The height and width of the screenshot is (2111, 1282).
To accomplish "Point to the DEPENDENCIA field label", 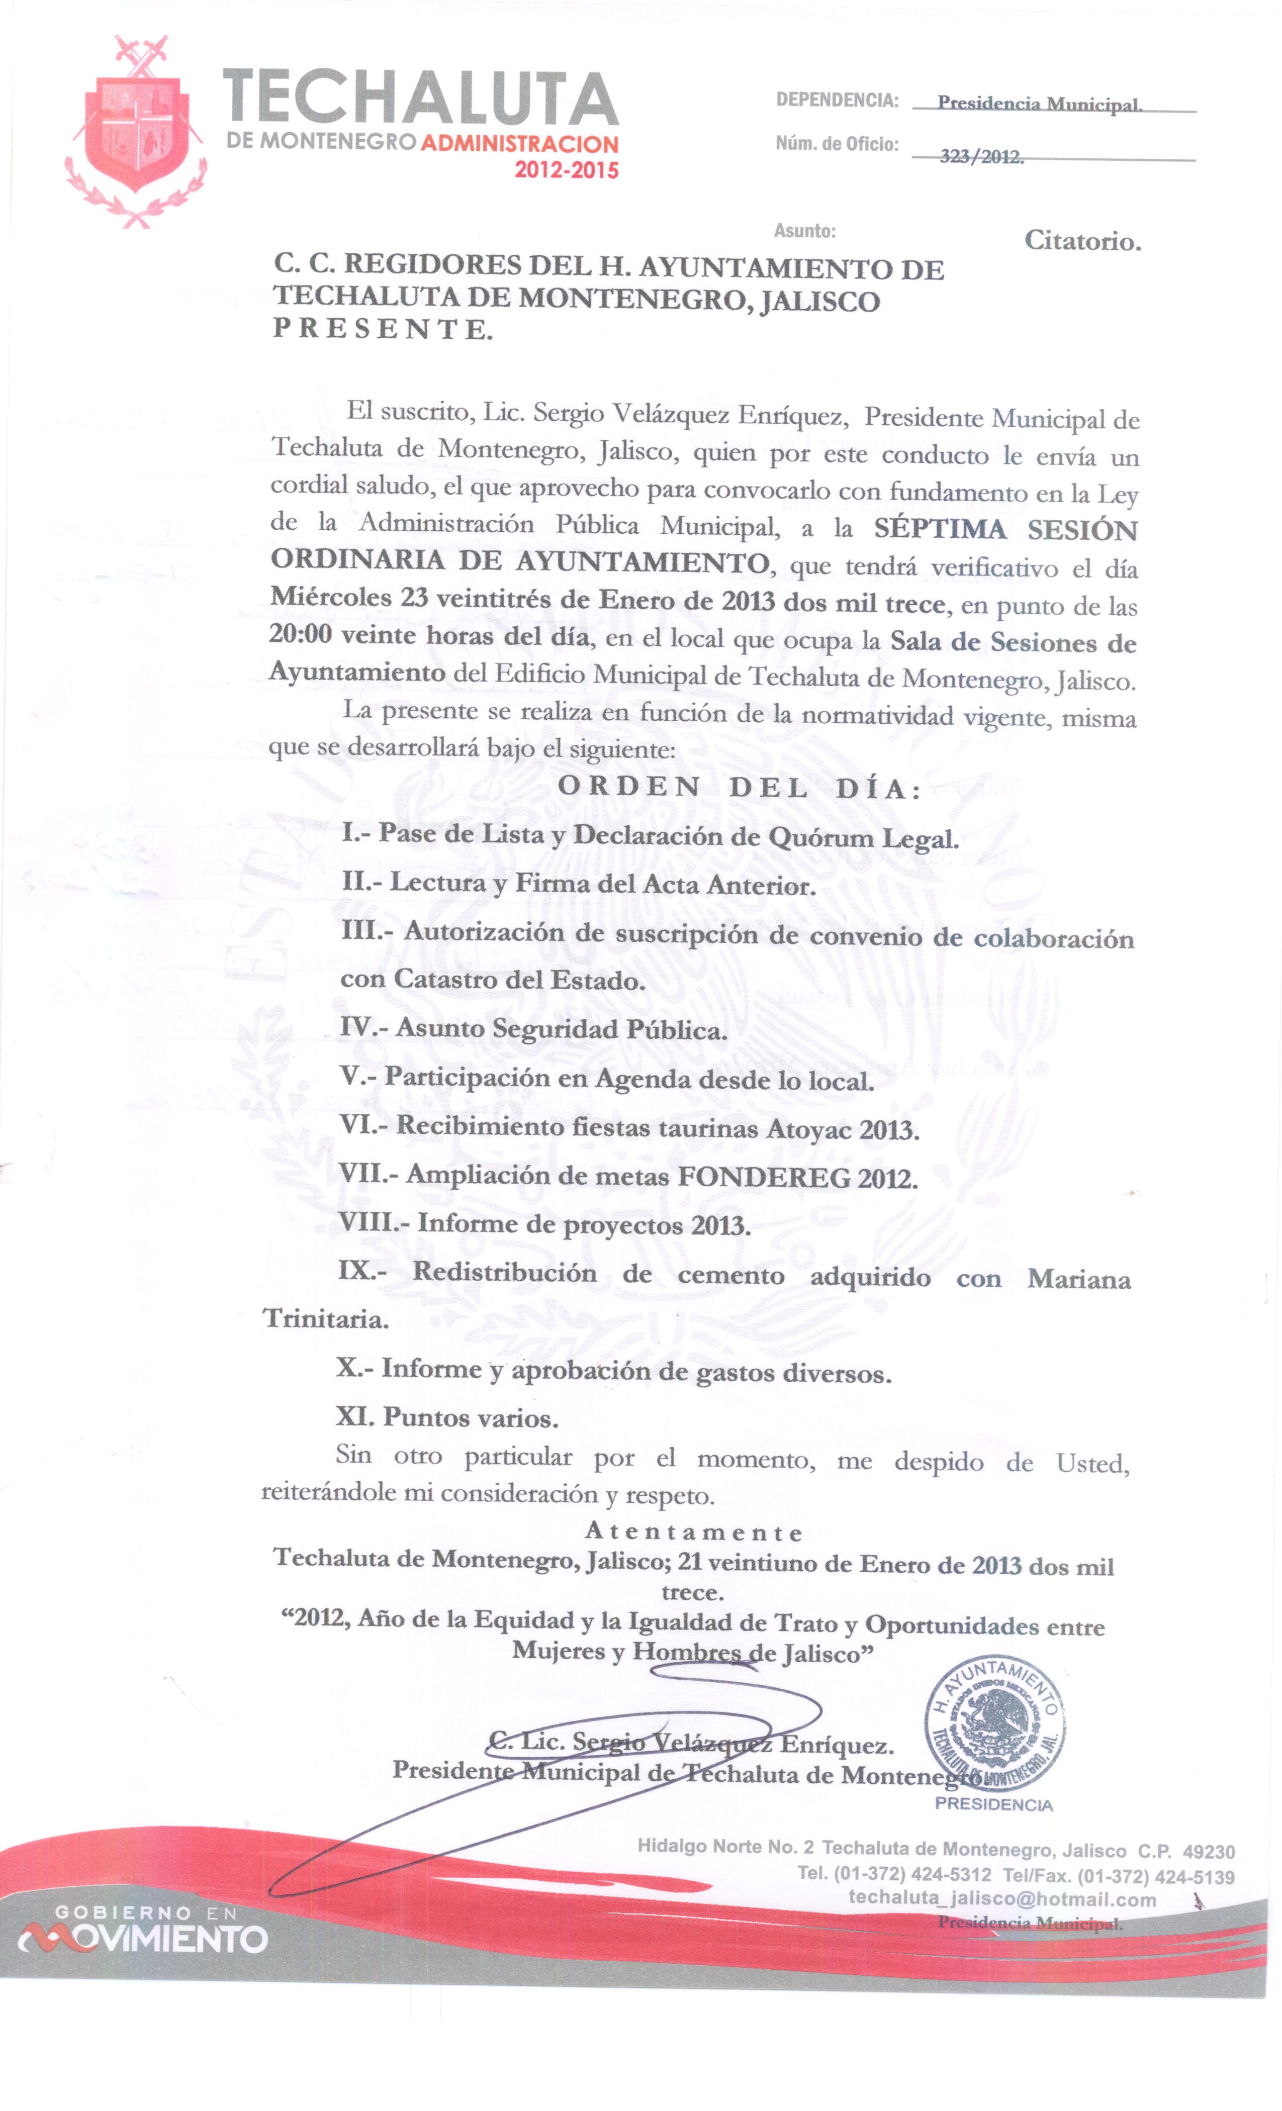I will [x=837, y=100].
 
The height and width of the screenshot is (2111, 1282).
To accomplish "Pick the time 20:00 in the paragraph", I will [x=300, y=635].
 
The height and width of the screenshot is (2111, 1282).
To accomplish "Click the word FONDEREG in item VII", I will [x=764, y=1177].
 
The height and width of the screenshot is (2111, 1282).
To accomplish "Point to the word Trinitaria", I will [x=326, y=1318].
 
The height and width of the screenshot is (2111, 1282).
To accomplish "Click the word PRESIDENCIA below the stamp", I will [x=994, y=1805].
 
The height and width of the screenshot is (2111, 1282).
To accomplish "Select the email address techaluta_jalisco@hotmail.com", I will [x=1002, y=1898].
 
